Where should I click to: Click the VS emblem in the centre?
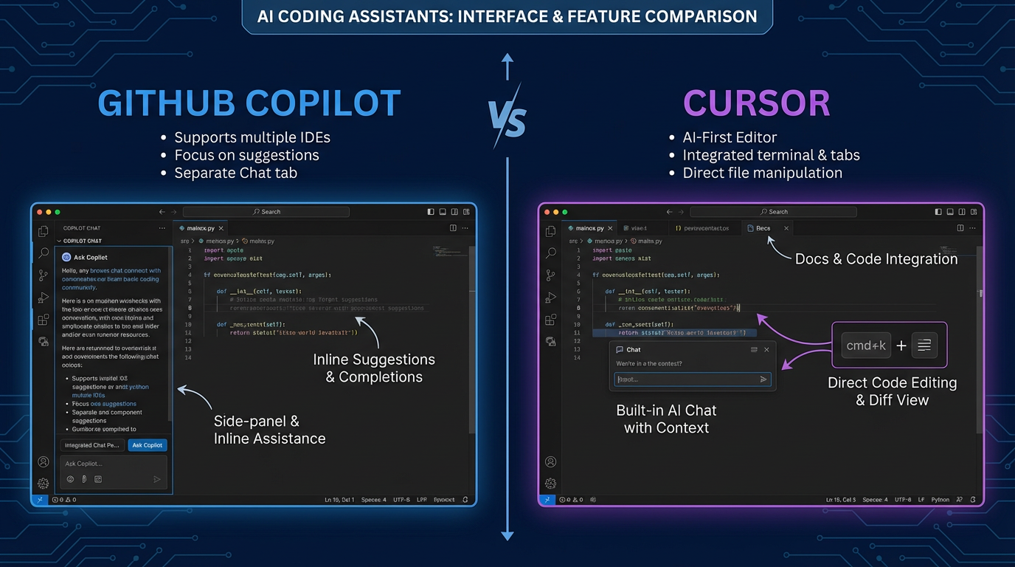(x=507, y=118)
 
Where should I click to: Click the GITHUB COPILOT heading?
(x=249, y=103)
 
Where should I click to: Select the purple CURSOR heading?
(x=756, y=103)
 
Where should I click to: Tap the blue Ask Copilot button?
(x=148, y=445)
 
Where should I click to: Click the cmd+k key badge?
(x=866, y=345)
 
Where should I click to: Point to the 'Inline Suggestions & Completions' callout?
(x=374, y=368)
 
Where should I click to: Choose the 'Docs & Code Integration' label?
(x=876, y=259)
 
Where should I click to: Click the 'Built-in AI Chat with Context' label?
(x=666, y=419)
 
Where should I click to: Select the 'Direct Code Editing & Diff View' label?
(x=892, y=391)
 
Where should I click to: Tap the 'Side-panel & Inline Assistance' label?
(x=269, y=430)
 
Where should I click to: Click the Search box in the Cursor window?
(x=774, y=212)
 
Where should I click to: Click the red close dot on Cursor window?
(x=547, y=212)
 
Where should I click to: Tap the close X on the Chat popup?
(x=766, y=350)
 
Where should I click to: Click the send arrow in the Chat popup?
(x=763, y=379)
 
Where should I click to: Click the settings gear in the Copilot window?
(x=44, y=484)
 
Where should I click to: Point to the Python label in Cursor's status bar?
(x=940, y=500)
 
